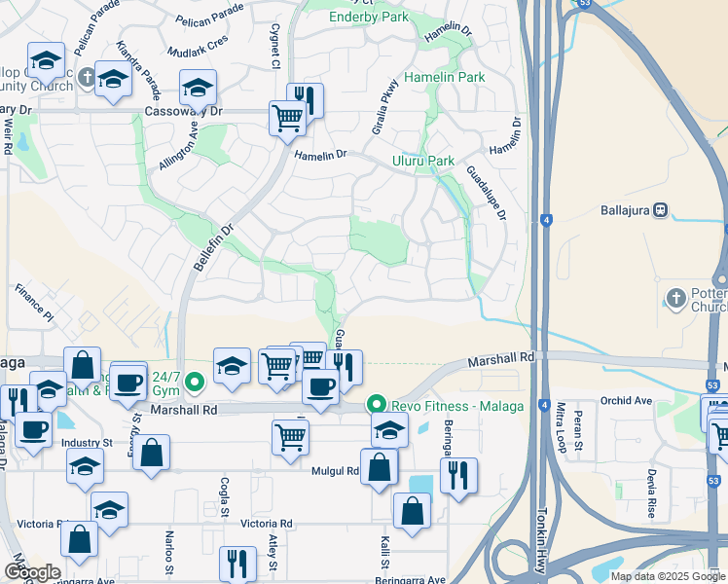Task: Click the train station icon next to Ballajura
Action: click(x=660, y=209)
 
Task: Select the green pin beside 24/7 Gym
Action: click(x=196, y=383)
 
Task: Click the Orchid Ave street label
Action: click(x=626, y=400)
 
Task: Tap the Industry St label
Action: click(x=81, y=443)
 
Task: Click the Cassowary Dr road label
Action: click(x=183, y=112)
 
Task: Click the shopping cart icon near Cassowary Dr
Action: click(x=287, y=119)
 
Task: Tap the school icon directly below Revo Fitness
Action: click(x=389, y=429)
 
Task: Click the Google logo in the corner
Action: click(x=31, y=572)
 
